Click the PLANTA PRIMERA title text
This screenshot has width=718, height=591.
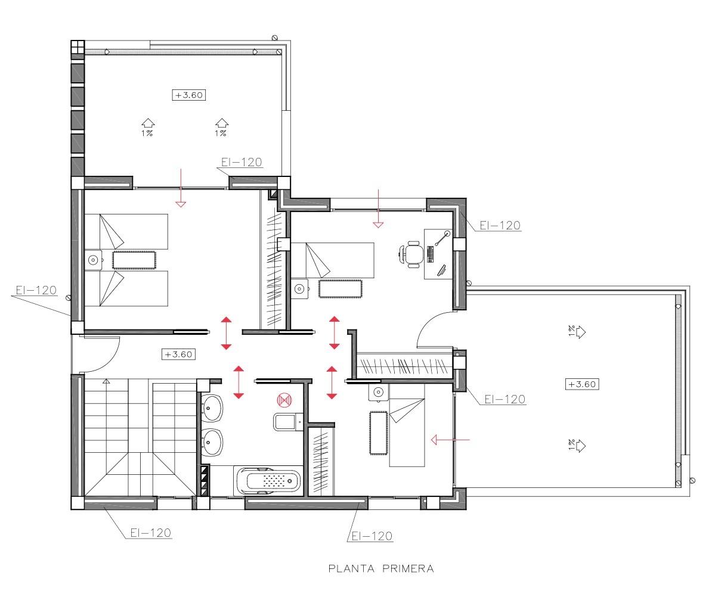tap(381, 568)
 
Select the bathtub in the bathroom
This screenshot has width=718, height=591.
tap(268, 480)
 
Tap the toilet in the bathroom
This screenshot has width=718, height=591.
tap(285, 422)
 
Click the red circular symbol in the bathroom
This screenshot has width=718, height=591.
tap(284, 399)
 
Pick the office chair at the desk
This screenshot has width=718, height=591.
tap(411, 253)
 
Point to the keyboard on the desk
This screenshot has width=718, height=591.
tap(430, 254)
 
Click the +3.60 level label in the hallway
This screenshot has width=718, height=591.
tap(178, 354)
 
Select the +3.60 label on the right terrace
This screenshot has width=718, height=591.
tap(581, 384)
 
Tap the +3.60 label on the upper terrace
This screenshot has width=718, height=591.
tap(189, 95)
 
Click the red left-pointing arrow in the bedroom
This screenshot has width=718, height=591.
tap(451, 440)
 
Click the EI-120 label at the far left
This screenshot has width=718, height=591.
tap(36, 291)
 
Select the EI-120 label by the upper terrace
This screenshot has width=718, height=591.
tap(241, 162)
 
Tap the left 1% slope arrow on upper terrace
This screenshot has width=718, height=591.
tap(148, 123)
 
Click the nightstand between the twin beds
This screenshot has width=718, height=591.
tap(94, 260)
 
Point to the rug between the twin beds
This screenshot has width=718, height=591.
tap(134, 260)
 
